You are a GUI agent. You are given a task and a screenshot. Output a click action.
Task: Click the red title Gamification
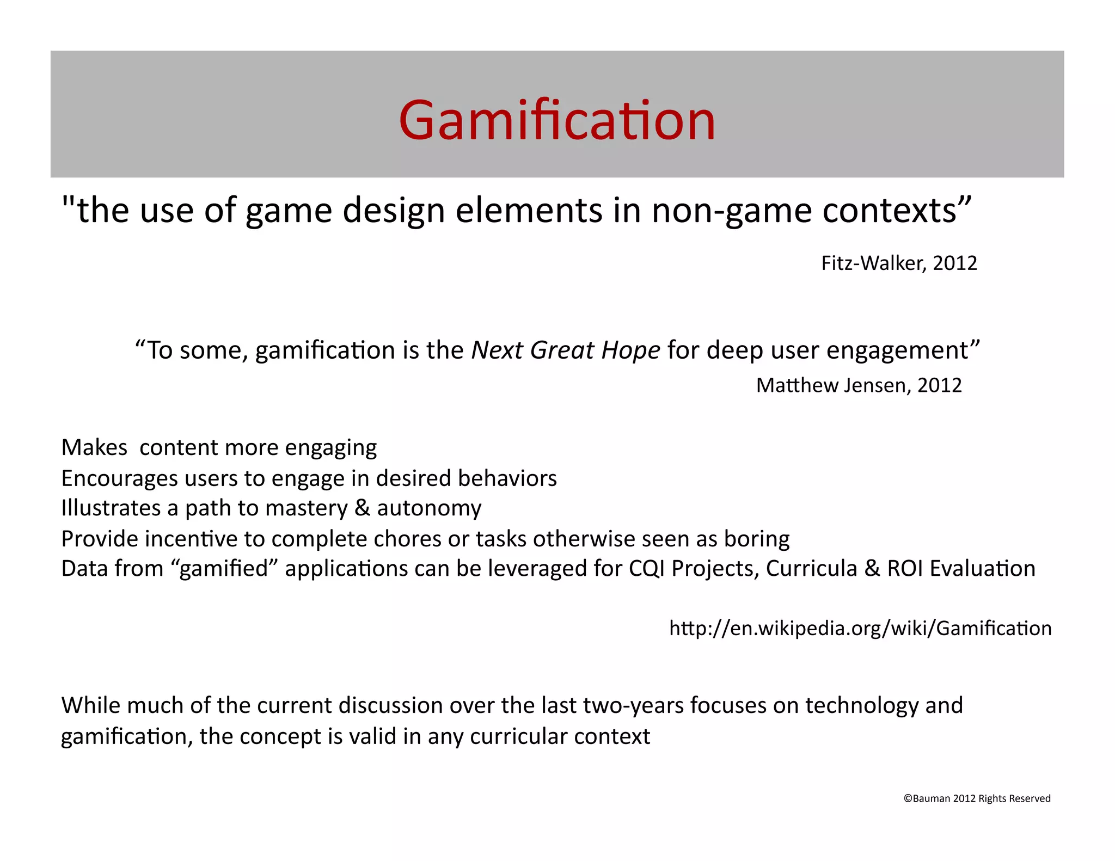(x=556, y=120)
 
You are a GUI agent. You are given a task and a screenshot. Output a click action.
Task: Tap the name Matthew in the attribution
(x=797, y=385)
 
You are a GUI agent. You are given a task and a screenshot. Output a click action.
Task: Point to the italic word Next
(x=497, y=350)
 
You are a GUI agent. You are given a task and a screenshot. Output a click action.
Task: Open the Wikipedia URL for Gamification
(x=860, y=628)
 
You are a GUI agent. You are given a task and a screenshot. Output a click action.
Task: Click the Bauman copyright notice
(x=977, y=798)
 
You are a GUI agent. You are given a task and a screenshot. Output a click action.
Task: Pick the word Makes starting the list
(x=94, y=447)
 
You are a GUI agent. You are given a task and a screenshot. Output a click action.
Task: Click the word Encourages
(x=120, y=478)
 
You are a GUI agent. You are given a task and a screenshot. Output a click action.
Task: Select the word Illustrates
(x=111, y=508)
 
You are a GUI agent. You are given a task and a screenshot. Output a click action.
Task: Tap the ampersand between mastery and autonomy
(x=362, y=508)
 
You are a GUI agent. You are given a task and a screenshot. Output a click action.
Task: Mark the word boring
(x=757, y=539)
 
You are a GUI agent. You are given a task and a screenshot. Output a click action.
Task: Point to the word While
(x=90, y=705)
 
